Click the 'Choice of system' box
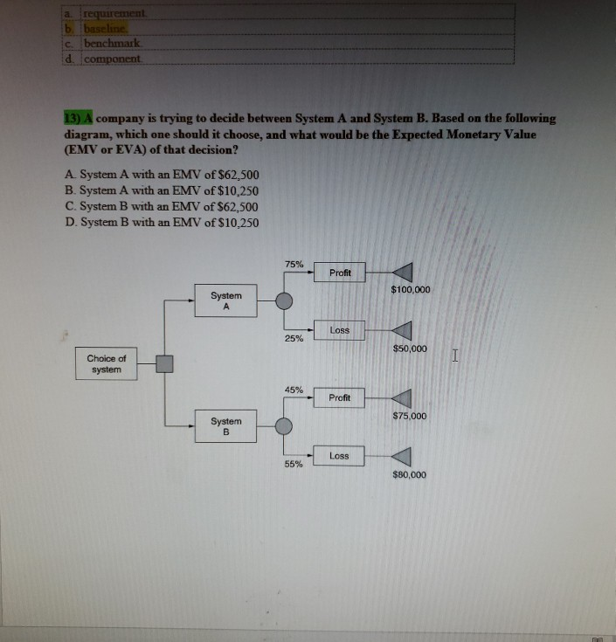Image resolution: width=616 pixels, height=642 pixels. [107, 364]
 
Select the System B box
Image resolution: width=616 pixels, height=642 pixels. [226, 425]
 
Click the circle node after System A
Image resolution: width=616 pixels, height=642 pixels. [284, 301]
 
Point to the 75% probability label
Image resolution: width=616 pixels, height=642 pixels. [294, 264]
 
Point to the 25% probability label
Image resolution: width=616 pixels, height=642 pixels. [294, 339]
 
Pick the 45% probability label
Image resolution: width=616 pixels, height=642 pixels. [294, 390]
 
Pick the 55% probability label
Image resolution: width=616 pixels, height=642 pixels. [294, 464]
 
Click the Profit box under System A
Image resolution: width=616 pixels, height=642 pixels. [340, 273]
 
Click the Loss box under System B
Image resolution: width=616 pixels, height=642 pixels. [340, 456]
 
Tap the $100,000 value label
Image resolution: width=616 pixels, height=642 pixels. [410, 289]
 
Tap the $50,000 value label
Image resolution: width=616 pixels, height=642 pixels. [410, 349]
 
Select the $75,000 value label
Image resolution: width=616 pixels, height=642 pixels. [410, 417]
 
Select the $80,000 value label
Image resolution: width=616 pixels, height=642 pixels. [410, 475]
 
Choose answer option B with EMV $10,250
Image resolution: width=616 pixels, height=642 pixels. [162, 190]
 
